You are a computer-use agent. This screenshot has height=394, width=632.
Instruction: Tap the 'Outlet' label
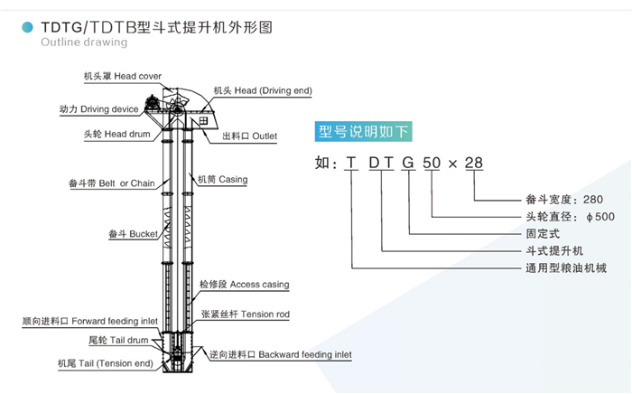(x=249, y=136)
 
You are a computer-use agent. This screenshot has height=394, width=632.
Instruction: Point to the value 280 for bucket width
(x=593, y=199)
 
